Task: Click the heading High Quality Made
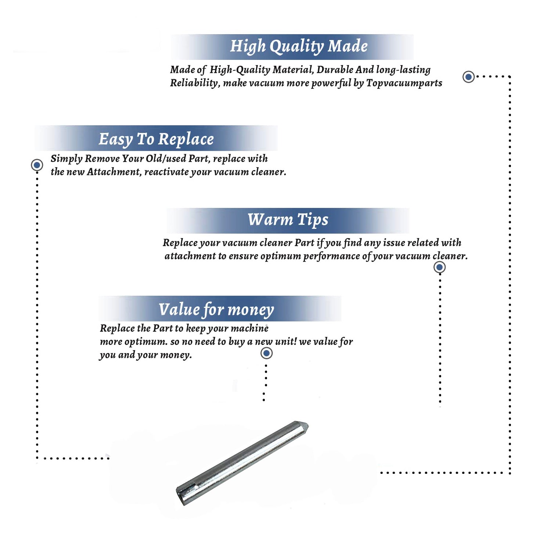coord(299,47)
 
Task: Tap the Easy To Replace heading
coord(156,139)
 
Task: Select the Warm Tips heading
coord(288,220)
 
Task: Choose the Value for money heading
coord(216,310)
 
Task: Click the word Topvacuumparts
coord(404,83)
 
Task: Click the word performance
coord(332,256)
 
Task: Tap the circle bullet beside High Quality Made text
coord(468,77)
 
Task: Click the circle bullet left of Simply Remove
coord(37,165)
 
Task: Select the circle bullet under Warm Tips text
coord(439,267)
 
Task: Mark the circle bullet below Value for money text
coord(266,353)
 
